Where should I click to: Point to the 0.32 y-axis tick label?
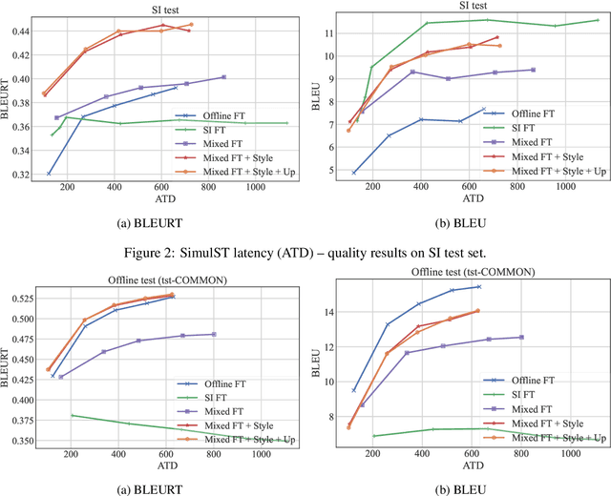click(x=20, y=175)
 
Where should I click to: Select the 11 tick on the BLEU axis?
click(x=327, y=33)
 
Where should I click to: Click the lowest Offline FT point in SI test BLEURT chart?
click(x=49, y=174)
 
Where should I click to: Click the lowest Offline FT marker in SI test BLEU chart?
click(x=354, y=173)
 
